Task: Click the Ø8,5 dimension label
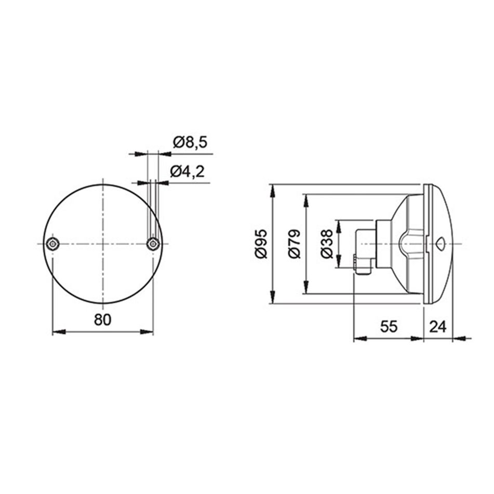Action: [x=190, y=143]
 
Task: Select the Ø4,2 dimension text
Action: [x=187, y=172]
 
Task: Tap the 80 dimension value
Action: [x=103, y=320]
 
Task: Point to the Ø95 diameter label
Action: [x=261, y=244]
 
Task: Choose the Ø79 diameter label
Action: [x=295, y=244]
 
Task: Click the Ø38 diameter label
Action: [x=326, y=244]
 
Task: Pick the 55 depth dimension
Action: [x=389, y=326]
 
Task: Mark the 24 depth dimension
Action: [x=438, y=326]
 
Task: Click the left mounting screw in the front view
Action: [x=52, y=244]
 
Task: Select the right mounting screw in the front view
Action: [x=153, y=244]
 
